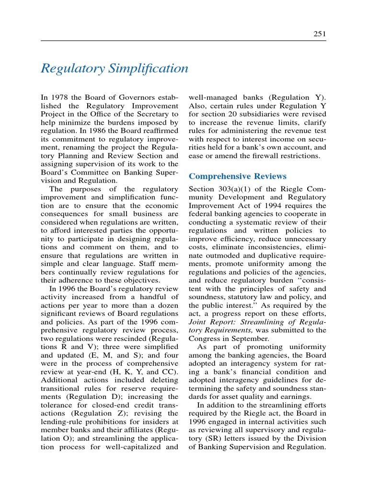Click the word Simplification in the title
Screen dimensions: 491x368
click(149, 69)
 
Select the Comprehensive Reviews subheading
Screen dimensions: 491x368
click(238, 176)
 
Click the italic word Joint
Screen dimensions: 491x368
click(198, 321)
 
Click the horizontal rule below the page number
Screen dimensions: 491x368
click(184, 40)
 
